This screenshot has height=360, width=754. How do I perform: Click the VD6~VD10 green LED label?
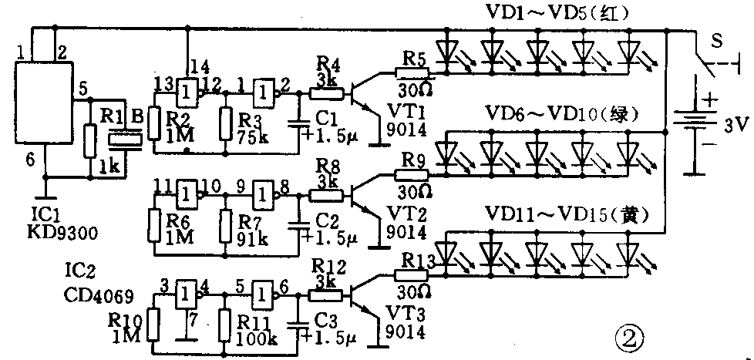(x=564, y=115)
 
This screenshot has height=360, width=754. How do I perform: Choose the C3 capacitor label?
(x=324, y=318)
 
